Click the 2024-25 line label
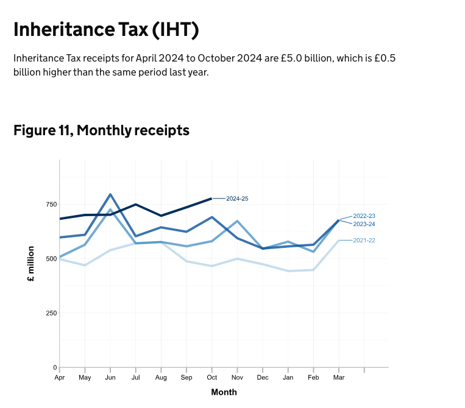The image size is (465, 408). pyautogui.click(x=237, y=199)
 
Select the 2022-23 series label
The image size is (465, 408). pyautogui.click(x=364, y=216)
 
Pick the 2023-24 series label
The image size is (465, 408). pyautogui.click(x=364, y=224)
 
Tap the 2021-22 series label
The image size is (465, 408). pyautogui.click(x=364, y=241)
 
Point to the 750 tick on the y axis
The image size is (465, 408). pyautogui.click(x=51, y=204)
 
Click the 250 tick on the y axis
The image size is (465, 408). pyautogui.click(x=51, y=313)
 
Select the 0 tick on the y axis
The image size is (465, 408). pyautogui.click(x=55, y=368)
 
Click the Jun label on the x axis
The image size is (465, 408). pyautogui.click(x=110, y=378)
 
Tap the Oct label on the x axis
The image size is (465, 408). pyautogui.click(x=211, y=378)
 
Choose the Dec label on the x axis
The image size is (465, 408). pyautogui.click(x=263, y=378)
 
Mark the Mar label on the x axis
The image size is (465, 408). pyautogui.click(x=338, y=378)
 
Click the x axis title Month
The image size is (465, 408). pyautogui.click(x=224, y=392)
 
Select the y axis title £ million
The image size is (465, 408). pyautogui.click(x=30, y=264)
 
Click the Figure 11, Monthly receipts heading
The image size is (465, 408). pyautogui.click(x=101, y=130)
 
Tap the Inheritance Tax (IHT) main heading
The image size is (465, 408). pyautogui.click(x=106, y=30)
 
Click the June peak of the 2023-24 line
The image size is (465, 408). pyautogui.click(x=110, y=194)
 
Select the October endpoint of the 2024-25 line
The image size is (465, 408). pyautogui.click(x=211, y=199)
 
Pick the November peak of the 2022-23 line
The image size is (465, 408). pyautogui.click(x=237, y=221)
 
